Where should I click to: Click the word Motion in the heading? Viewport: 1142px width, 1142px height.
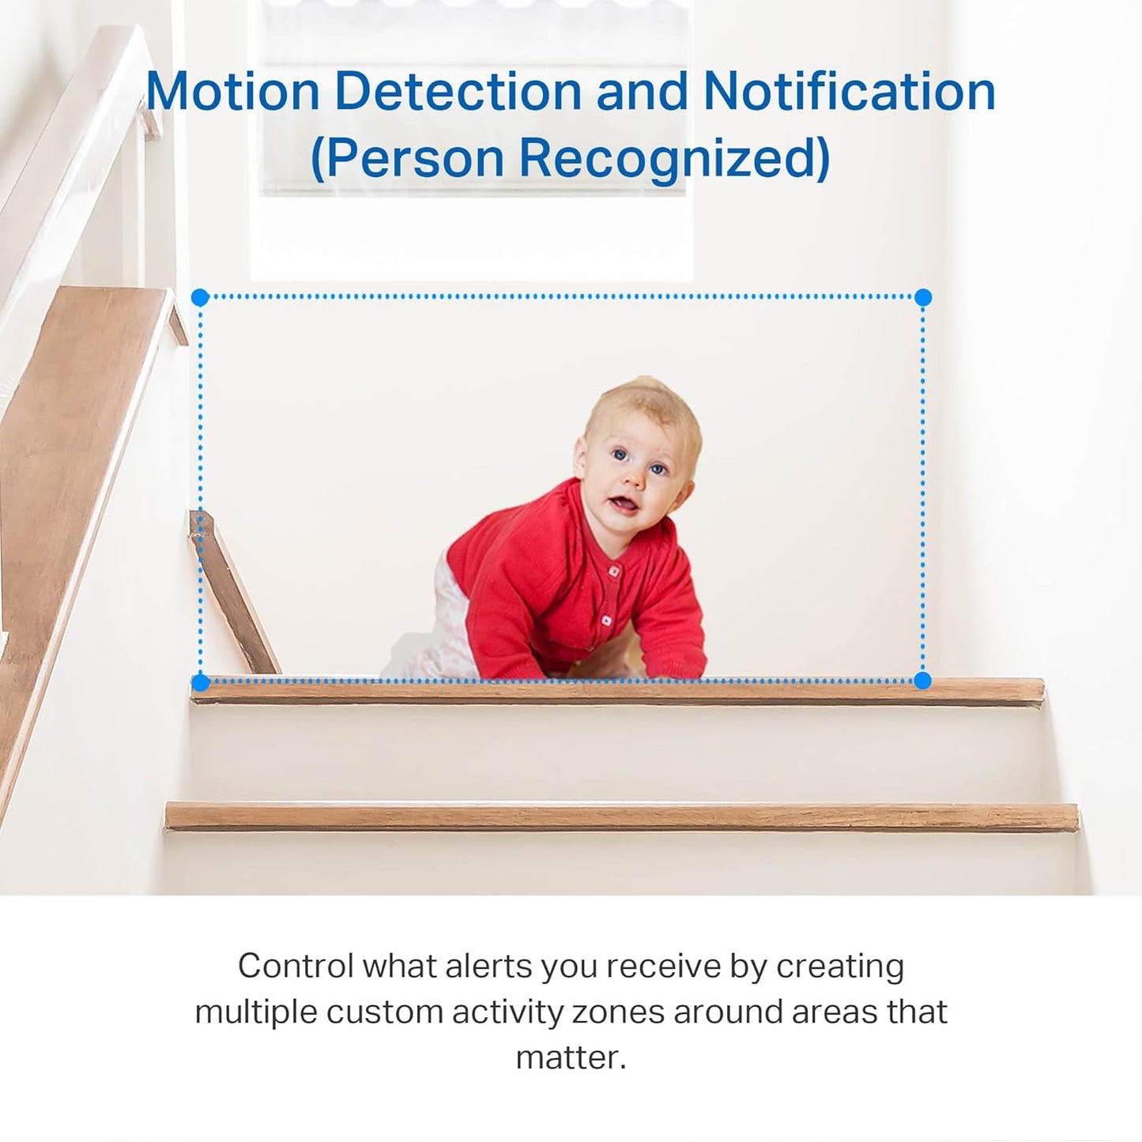click(x=232, y=92)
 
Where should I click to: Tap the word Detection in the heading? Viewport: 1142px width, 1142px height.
click(x=458, y=92)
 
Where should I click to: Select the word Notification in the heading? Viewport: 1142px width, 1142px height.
click(x=849, y=92)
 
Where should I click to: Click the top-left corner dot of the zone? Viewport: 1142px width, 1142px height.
click(x=200, y=297)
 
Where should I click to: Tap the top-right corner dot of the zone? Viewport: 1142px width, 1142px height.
click(x=922, y=297)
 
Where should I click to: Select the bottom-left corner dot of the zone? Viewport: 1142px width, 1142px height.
click(x=200, y=681)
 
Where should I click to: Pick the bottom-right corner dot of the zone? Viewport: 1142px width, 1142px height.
click(x=922, y=680)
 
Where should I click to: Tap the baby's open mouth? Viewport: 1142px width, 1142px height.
click(x=624, y=503)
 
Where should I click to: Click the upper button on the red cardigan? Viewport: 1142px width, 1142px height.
click(x=611, y=571)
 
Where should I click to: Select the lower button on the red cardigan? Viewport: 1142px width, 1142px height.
click(x=606, y=620)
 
